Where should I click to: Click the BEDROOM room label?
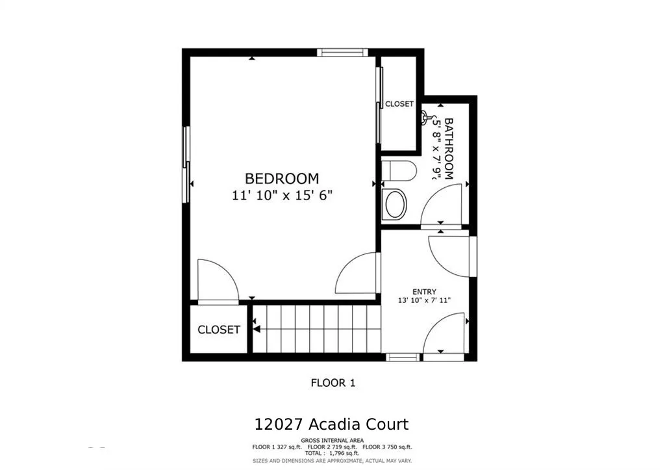tap(281, 178)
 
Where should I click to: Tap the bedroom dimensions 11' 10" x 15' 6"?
tap(282, 195)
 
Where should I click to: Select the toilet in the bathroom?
tap(397, 172)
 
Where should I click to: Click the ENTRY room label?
tap(424, 292)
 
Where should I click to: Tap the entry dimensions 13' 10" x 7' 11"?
tap(424, 300)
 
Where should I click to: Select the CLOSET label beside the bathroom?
tap(399, 104)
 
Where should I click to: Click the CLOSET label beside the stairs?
tap(218, 330)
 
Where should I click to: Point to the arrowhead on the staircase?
tap(257, 329)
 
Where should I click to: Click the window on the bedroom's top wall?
tap(342, 53)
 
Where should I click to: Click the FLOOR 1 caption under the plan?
tap(332, 383)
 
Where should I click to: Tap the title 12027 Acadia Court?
tap(332, 424)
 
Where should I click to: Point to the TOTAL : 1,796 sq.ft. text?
tap(332, 454)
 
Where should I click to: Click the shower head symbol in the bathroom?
tap(426, 119)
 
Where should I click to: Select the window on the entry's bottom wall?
tap(403, 357)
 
